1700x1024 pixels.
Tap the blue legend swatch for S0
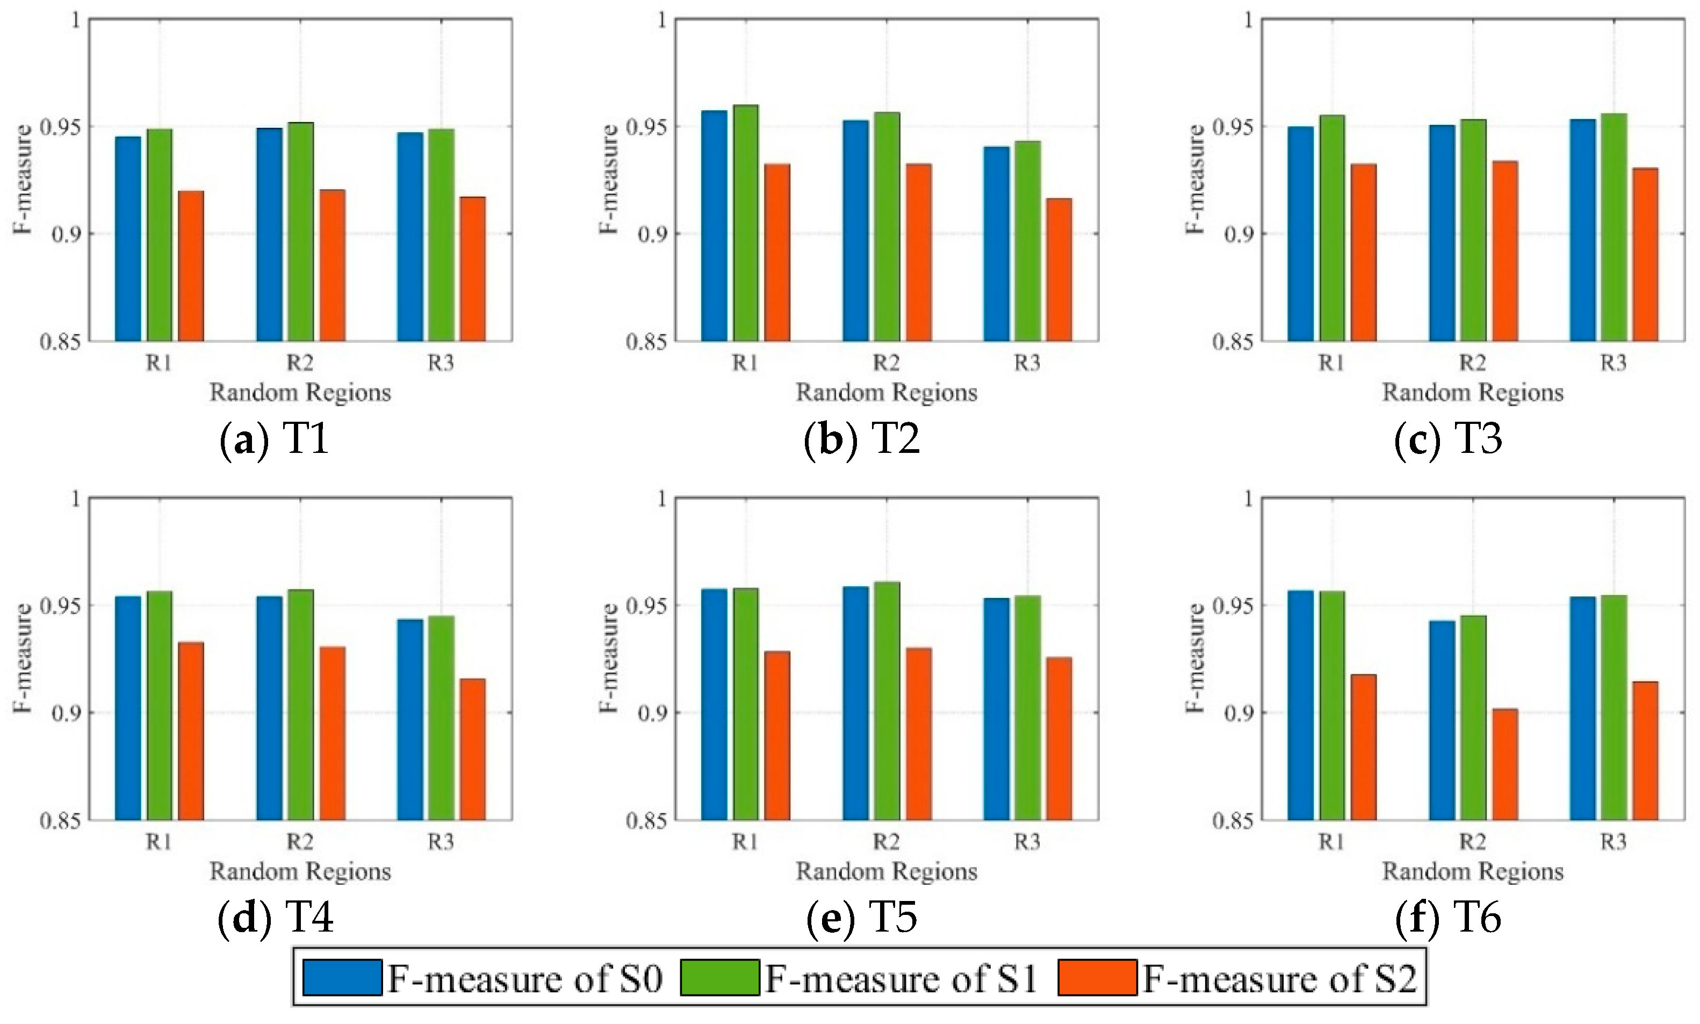coord(342,978)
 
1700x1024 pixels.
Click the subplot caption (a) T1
coord(274,439)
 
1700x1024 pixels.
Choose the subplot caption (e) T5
coord(862,918)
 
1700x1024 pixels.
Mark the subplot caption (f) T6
coord(1448,918)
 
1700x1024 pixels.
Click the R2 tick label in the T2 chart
coord(886,362)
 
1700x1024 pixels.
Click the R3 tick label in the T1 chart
coord(441,362)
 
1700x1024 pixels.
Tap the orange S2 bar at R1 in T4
coord(191,731)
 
